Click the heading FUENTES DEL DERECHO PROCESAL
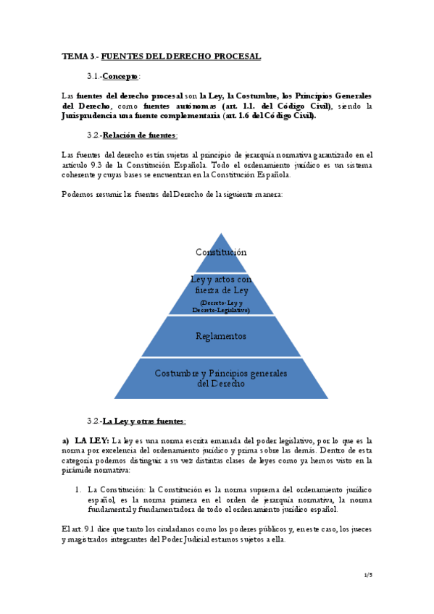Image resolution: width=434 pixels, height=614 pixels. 180,56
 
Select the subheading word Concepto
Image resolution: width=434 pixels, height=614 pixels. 120,76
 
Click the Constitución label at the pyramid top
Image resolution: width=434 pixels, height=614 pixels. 221,252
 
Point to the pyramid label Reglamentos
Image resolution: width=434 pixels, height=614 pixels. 221,336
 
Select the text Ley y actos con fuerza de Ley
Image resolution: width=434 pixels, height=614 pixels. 221,284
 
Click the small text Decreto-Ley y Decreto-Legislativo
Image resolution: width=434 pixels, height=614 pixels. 221,306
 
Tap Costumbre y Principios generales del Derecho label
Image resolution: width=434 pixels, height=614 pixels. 221,378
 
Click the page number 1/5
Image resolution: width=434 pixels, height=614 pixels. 368,575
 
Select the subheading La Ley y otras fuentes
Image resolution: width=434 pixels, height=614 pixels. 144,421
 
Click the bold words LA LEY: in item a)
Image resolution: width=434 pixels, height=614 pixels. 92,440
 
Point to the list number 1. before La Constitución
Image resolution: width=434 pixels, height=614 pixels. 78,490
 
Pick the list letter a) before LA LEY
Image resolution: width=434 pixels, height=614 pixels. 65,440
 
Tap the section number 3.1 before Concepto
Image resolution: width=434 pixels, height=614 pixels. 92,76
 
